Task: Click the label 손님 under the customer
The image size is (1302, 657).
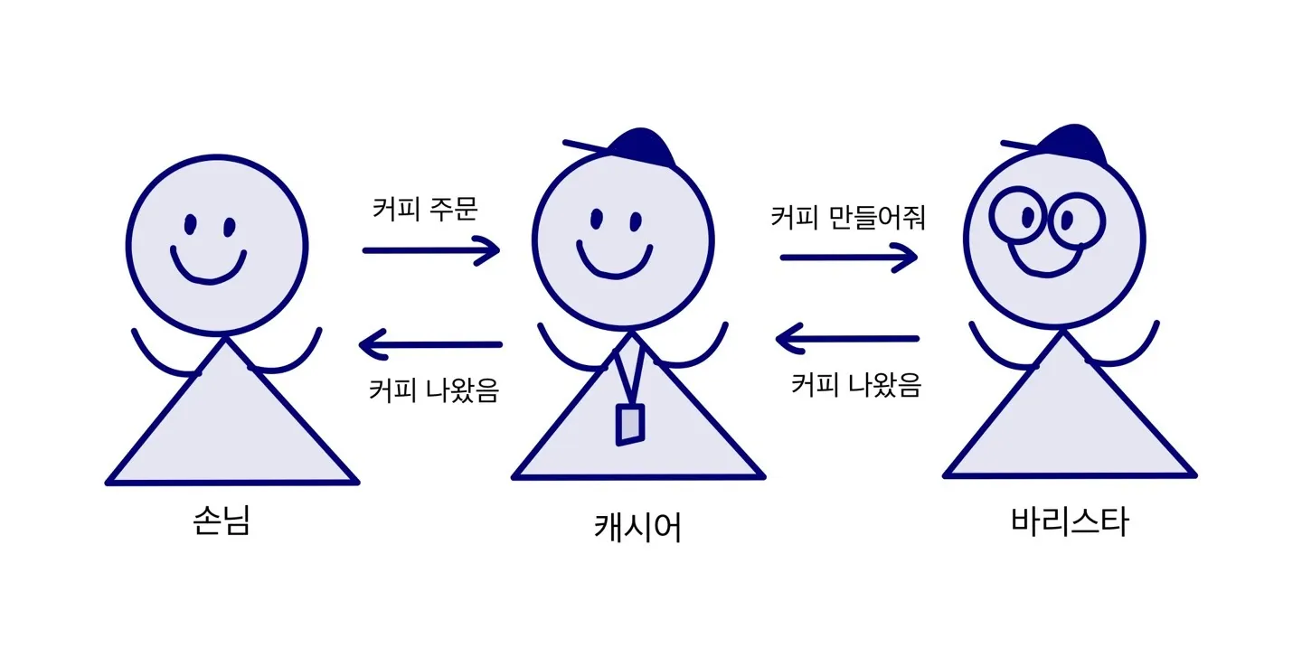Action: click(x=221, y=521)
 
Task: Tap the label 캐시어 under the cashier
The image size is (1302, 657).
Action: click(x=637, y=527)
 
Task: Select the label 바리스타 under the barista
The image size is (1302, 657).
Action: click(x=1070, y=522)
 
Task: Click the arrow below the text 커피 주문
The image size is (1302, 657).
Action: click(x=431, y=249)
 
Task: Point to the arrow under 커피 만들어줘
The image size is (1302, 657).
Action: click(x=849, y=258)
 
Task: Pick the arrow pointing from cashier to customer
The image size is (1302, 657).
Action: click(x=430, y=344)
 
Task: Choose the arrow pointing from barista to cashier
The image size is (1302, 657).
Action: click(x=847, y=340)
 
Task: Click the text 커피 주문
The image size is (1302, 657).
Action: click(x=425, y=209)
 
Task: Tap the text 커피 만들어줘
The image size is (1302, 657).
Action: click(x=847, y=218)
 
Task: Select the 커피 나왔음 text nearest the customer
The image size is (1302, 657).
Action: click(x=433, y=390)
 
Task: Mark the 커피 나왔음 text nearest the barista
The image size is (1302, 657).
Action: click(x=855, y=386)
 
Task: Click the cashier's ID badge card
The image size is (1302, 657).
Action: click(x=630, y=424)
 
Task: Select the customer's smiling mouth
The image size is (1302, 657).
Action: click(x=209, y=267)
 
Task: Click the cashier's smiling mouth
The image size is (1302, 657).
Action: click(x=615, y=262)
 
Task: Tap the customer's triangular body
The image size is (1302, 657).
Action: click(x=231, y=429)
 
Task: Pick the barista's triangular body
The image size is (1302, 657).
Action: click(x=1069, y=425)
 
